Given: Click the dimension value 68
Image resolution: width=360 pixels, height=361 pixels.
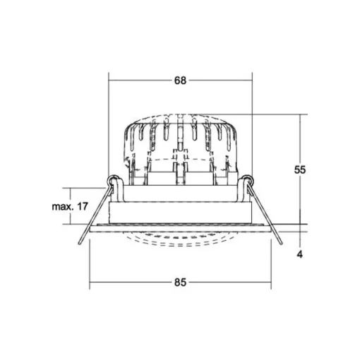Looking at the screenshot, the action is pyautogui.click(x=180, y=81).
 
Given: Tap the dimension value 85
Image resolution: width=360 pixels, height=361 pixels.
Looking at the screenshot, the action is pyautogui.click(x=180, y=282).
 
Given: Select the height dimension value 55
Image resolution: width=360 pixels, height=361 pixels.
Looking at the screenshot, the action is pyautogui.click(x=300, y=170).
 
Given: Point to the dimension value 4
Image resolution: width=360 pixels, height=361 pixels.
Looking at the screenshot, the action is pyautogui.click(x=300, y=254).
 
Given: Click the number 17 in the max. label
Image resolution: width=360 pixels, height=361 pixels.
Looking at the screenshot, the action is pyautogui.click(x=82, y=206).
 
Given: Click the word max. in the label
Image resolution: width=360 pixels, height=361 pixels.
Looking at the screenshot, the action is pyautogui.click(x=62, y=207).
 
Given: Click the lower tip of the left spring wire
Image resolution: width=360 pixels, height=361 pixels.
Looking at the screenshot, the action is pyautogui.click(x=80, y=244).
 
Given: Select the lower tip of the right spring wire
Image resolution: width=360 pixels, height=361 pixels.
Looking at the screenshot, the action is pyautogui.click(x=281, y=244).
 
